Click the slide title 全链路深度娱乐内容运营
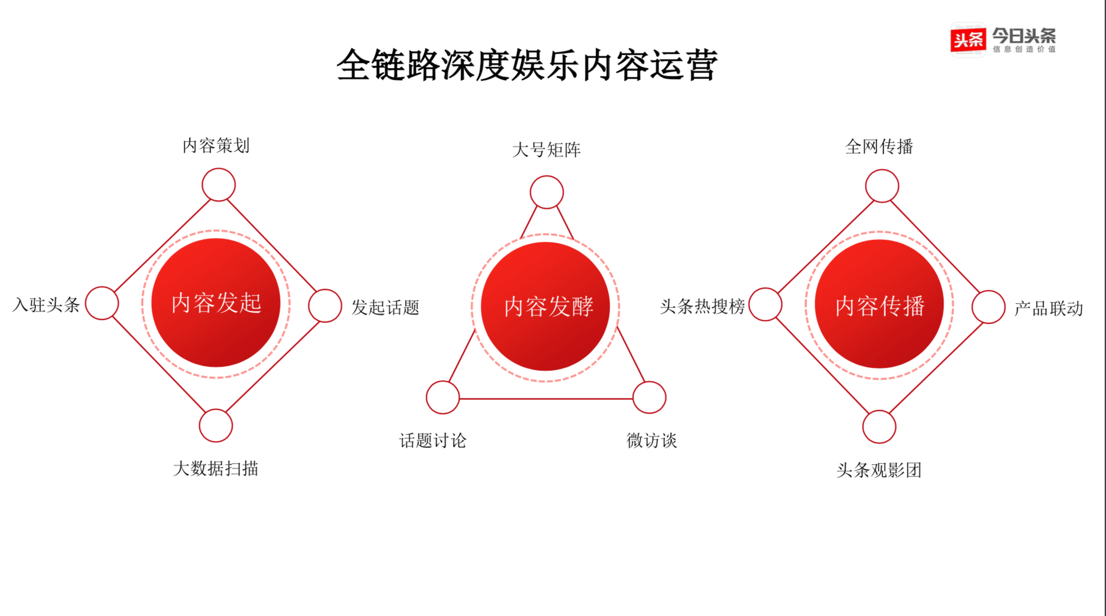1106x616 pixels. [x=527, y=65]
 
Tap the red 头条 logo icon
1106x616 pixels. [x=968, y=39]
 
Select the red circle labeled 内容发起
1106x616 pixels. [x=216, y=303]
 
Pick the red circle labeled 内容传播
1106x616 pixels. [x=879, y=305]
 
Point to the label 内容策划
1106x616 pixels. [x=216, y=145]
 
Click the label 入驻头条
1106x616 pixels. [x=46, y=305]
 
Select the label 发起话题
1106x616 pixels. [x=386, y=307]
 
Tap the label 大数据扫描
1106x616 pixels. [x=215, y=468]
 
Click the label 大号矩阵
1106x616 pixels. [x=547, y=150]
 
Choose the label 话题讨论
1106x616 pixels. [x=433, y=441]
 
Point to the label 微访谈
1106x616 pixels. [x=652, y=441]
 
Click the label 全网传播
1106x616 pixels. [x=879, y=146]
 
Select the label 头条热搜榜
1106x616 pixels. [x=702, y=306]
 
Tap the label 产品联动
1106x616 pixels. [x=1048, y=309]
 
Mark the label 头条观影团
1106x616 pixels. [x=879, y=470]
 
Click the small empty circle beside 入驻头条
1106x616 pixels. [x=102, y=303]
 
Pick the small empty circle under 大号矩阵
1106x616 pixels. [x=547, y=192]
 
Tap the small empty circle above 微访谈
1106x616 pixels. [x=649, y=397]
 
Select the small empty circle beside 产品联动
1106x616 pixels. [x=989, y=307]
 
